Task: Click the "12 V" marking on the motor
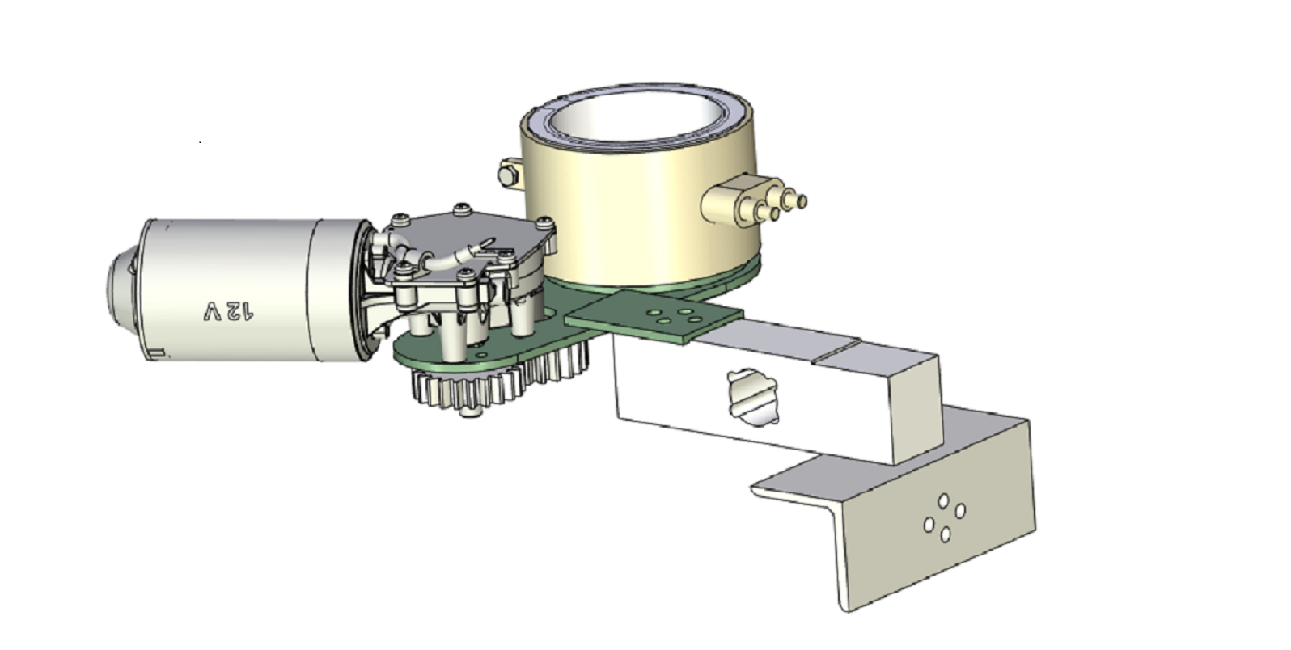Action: coord(229,311)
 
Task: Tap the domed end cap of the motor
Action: coord(122,289)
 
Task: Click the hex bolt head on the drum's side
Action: coord(506,175)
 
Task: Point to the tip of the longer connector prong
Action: coord(801,201)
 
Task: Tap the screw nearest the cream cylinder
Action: coord(545,222)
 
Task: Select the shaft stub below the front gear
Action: coord(471,412)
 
